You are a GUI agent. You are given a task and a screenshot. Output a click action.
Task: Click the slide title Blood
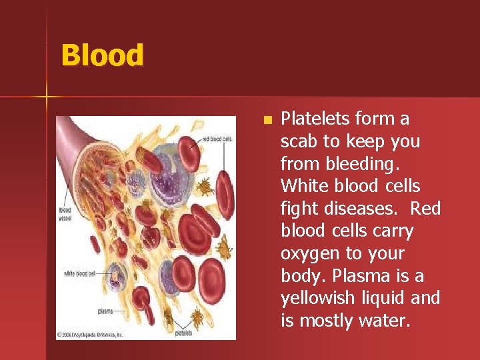102,55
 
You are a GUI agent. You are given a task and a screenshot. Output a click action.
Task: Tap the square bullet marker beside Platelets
267,121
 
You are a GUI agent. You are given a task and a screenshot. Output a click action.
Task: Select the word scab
300,141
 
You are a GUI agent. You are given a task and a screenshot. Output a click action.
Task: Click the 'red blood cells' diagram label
217,139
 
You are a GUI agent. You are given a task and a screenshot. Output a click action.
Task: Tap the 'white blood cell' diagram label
78,273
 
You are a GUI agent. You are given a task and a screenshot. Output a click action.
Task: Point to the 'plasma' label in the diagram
105,311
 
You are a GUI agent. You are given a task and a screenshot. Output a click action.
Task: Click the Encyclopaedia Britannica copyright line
91,335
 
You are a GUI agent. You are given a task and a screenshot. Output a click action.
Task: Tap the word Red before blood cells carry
425,209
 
